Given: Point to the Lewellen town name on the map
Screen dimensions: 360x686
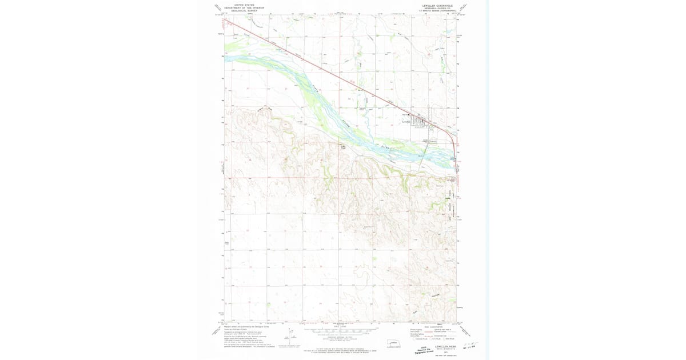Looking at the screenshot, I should coord(407,121).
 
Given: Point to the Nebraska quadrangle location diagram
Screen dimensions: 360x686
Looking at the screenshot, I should coord(393,342).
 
